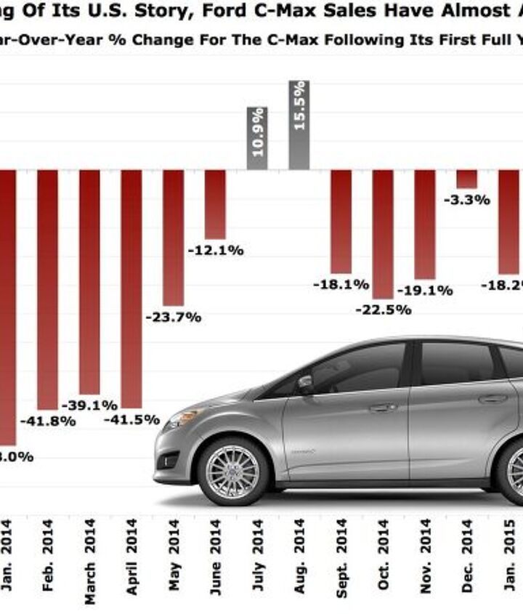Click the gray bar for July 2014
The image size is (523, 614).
click(257, 139)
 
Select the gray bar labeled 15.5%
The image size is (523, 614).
click(299, 125)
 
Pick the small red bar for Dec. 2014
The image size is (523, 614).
click(466, 179)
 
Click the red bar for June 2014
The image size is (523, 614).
click(215, 204)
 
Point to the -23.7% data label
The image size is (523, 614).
click(174, 318)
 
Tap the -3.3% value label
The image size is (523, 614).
click(466, 200)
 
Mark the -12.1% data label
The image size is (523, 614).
click(216, 251)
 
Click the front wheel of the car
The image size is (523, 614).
click(232, 471)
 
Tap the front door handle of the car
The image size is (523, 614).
click(383, 407)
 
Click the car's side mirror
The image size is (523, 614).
click(304, 381)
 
